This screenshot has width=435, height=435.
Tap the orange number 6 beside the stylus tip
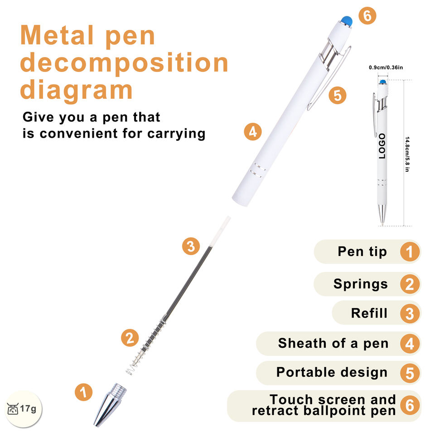coord(367,16)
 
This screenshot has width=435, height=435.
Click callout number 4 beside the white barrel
coord(253,132)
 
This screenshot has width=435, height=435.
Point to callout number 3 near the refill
coord(191,246)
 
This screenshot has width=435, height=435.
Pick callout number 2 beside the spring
coord(130,338)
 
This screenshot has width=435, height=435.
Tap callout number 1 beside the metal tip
coord(83,392)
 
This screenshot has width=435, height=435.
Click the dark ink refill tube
coord(190,281)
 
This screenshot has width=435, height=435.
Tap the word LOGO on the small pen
coord(382,146)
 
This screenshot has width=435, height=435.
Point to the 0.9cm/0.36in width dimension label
coord(386,68)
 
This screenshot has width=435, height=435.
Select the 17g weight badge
coord(22,409)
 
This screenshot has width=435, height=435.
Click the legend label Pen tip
coord(362,251)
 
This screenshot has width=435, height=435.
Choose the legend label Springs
coord(361,284)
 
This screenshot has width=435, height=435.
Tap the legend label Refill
coord(369,313)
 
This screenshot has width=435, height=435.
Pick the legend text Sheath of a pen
coord(333,343)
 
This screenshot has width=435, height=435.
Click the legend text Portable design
coord(332,372)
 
